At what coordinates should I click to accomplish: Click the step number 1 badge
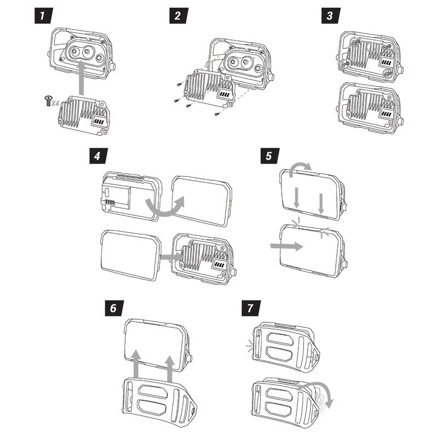tap(43, 15)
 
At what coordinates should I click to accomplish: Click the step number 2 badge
tap(176, 15)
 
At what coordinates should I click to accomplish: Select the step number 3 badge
tap(329, 15)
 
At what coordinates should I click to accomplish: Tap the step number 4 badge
tap(97, 156)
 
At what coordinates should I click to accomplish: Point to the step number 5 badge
tap(268, 156)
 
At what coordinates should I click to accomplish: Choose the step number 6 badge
tap(113, 308)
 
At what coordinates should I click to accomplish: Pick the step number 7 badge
tap(250, 308)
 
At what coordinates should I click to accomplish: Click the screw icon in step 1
tap(48, 100)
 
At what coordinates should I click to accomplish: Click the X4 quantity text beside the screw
tap(56, 102)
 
